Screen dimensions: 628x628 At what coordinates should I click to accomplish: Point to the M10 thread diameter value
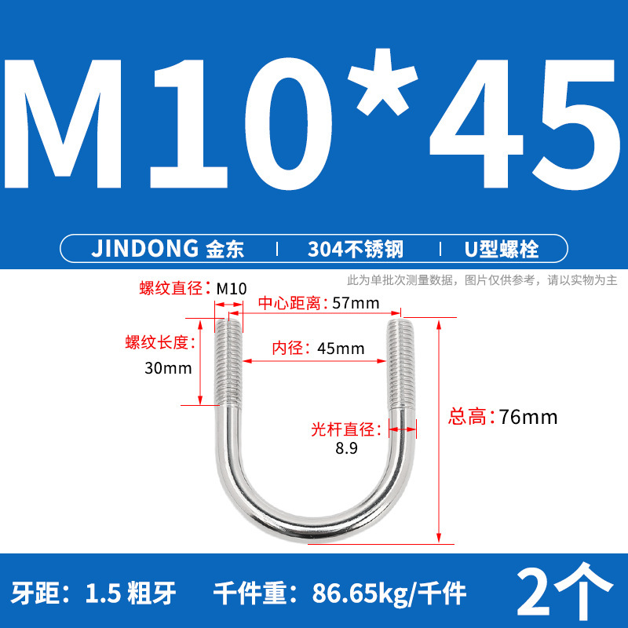[232, 288]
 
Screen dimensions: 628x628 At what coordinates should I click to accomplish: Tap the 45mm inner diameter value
[341, 348]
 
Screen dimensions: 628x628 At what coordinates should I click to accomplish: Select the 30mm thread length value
[163, 368]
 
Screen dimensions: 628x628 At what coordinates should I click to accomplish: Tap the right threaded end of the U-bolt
[396, 361]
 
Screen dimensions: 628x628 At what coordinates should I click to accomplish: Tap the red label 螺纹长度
[155, 342]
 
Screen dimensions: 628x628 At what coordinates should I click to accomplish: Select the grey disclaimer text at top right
[482, 279]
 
